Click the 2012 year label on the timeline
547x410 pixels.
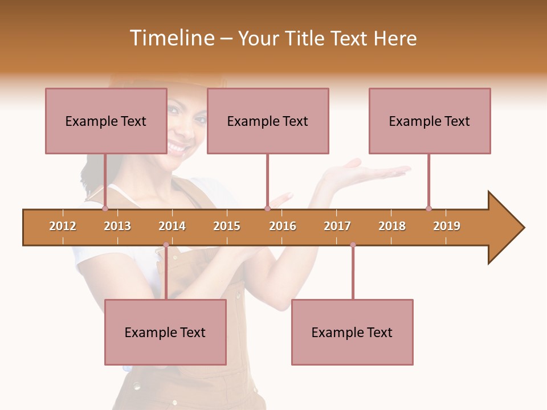click(63, 226)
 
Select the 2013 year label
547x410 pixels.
click(117, 226)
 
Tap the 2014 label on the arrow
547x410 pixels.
click(172, 226)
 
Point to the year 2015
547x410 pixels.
click(227, 226)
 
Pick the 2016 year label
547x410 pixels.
click(283, 226)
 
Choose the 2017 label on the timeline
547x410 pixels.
click(337, 226)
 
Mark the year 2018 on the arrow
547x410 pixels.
click(392, 226)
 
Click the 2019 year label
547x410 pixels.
click(447, 226)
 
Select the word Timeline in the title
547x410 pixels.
click(171, 38)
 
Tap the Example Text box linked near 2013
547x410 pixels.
click(106, 121)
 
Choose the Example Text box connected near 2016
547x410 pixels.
click(268, 121)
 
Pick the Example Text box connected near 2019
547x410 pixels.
click(430, 121)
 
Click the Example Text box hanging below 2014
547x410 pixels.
click(165, 332)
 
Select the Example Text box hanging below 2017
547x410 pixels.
click(352, 332)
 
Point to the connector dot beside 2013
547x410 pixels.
click(105, 208)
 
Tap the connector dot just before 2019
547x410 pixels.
click(428, 208)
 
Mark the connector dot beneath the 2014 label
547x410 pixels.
click(166, 245)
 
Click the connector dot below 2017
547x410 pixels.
click(353, 245)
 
